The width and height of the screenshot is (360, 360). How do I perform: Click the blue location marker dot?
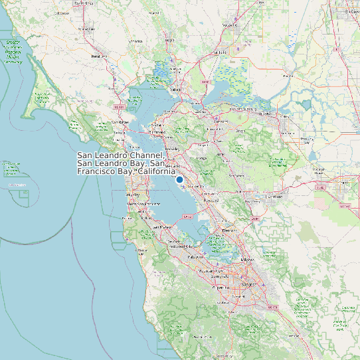point(179,179)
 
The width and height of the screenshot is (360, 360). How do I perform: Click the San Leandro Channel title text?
point(126,163)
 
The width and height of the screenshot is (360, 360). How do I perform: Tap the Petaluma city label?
point(99,57)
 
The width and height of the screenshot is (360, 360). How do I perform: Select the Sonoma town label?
point(136,41)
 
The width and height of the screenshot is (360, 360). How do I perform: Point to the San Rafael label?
point(120,122)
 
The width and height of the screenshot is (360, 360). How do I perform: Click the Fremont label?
point(229,230)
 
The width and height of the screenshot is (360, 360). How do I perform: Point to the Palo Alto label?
point(197,256)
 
